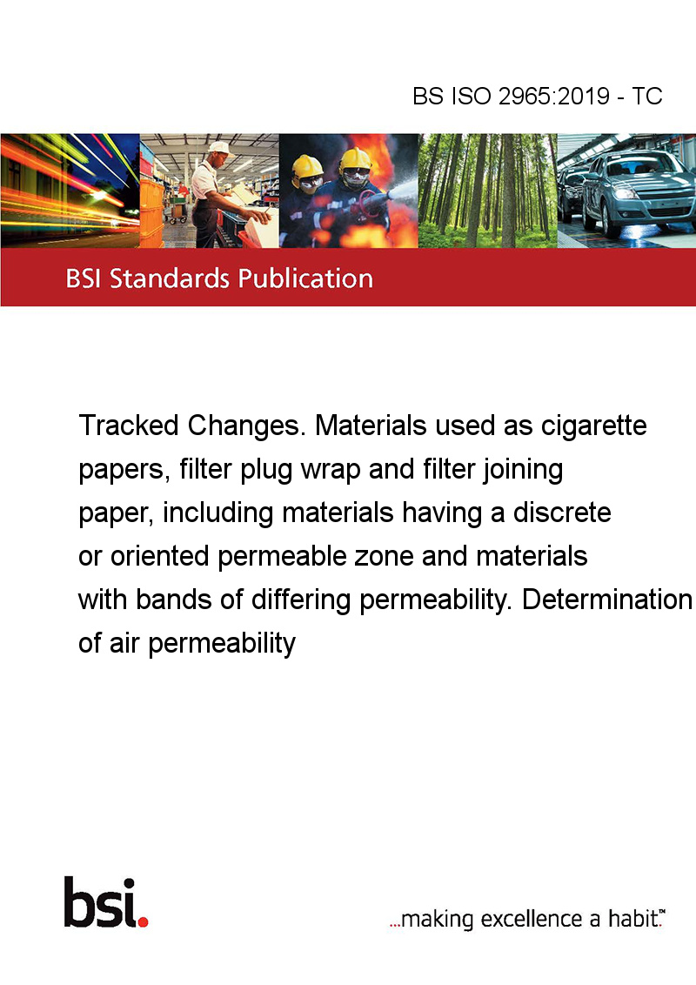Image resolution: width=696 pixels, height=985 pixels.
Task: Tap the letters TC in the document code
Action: [x=647, y=96]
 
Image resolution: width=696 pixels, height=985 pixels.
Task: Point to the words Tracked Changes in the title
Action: [x=190, y=425]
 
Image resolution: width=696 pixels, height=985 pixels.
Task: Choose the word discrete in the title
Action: [x=561, y=513]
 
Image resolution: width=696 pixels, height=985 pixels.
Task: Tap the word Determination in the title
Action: [x=606, y=600]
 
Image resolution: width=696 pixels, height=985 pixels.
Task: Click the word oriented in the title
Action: [x=159, y=556]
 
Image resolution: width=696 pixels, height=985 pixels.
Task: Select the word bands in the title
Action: [x=174, y=600]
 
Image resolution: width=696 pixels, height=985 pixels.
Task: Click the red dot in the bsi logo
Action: [x=143, y=921]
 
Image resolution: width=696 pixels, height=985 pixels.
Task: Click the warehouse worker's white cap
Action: [x=220, y=148]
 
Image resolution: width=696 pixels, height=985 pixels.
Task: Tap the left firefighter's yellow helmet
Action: [x=307, y=166]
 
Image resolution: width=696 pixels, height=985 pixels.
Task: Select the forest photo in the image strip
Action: [x=487, y=191]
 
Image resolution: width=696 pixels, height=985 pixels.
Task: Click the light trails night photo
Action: [x=70, y=191]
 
